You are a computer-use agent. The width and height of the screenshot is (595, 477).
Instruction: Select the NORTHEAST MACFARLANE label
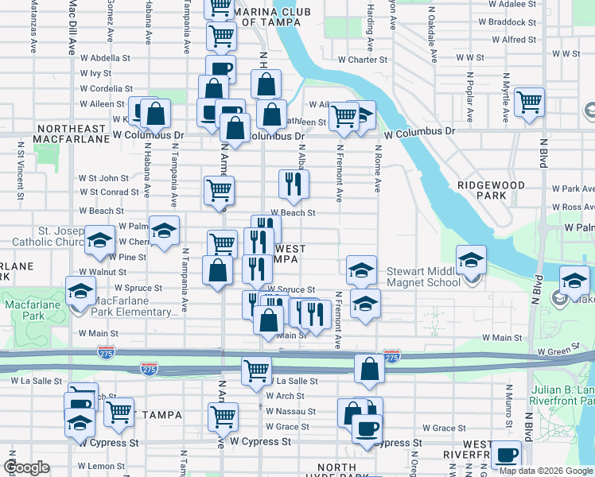72,134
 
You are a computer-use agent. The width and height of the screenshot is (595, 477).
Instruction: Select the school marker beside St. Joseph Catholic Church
99,241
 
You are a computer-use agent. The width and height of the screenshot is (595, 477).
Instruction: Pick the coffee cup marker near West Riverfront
506,456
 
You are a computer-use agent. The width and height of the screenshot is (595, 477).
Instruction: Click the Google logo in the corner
26,467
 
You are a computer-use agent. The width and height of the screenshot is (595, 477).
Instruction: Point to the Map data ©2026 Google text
546,471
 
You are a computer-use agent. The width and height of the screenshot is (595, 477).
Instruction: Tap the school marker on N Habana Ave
164,232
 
